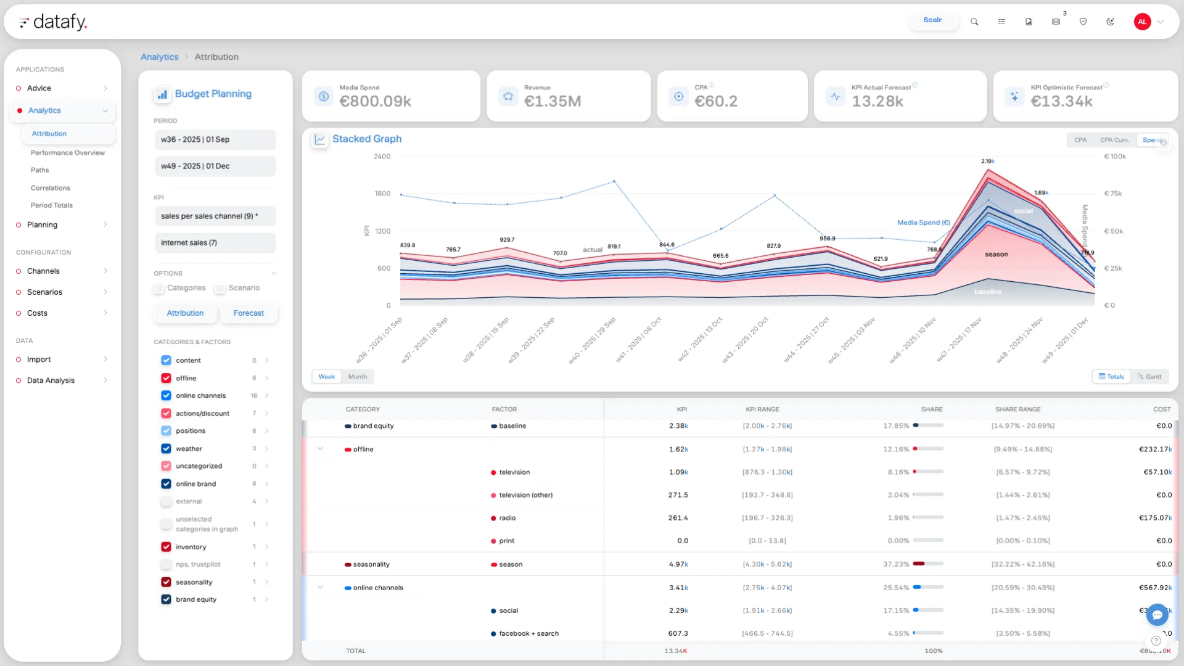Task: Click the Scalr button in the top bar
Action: (x=932, y=20)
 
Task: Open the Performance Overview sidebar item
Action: (x=68, y=153)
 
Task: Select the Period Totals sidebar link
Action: (x=52, y=205)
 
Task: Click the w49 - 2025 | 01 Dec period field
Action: (x=215, y=166)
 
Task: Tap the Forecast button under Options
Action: (x=249, y=313)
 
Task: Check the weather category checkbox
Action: (x=166, y=449)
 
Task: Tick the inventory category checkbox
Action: (x=166, y=547)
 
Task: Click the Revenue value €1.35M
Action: (x=552, y=102)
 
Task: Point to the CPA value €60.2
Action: (x=715, y=102)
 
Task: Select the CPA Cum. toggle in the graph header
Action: (x=1114, y=141)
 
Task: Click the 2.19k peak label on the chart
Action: (x=987, y=162)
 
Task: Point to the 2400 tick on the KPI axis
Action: (x=382, y=157)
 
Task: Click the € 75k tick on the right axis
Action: (x=1112, y=194)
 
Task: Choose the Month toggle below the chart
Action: (x=357, y=377)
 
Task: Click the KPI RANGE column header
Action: (x=762, y=409)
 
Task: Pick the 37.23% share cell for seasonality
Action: (x=895, y=564)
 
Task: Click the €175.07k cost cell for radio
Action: (x=1154, y=518)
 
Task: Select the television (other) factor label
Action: (x=525, y=495)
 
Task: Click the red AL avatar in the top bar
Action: (x=1142, y=22)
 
